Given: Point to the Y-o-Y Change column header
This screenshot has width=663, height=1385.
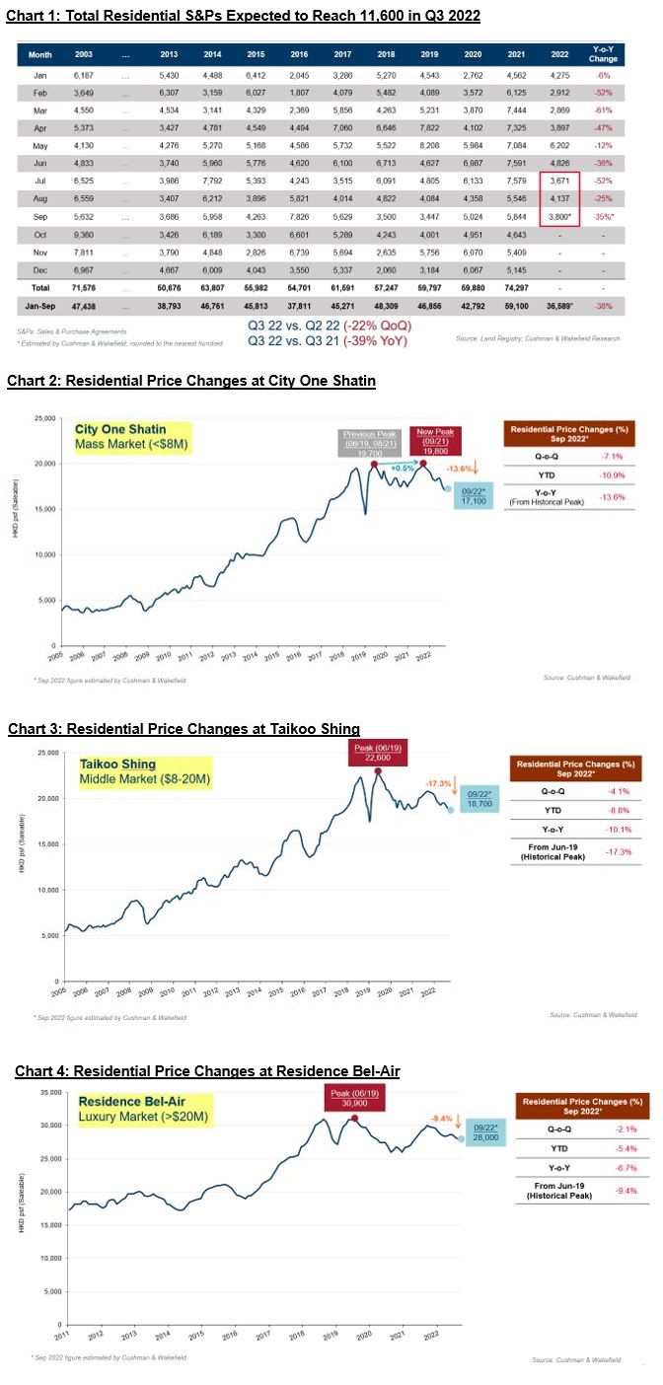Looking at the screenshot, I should click(603, 55).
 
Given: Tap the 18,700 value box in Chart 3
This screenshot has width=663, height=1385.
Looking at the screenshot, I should click(477, 800).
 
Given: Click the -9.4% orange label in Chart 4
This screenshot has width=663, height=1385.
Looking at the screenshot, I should click(441, 1118).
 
